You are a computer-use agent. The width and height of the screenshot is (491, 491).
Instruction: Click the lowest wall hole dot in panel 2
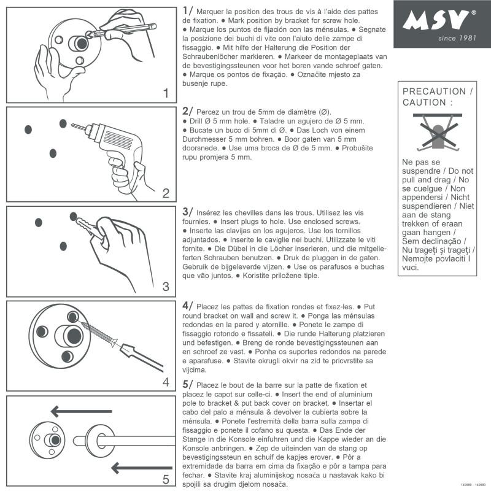[x=53, y=152]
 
